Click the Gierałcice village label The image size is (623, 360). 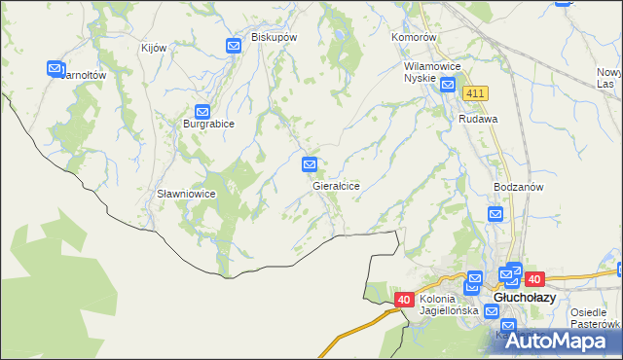pos(337,185)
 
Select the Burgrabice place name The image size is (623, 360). pos(208,125)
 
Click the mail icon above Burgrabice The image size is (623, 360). pos(202,111)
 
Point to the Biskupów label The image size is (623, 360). pos(274,36)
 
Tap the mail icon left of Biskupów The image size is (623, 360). pos(234,46)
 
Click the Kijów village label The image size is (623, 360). pos(154,49)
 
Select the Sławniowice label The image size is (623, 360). pos(186,194)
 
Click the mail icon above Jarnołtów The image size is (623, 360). pos(55,68)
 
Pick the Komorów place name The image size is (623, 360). pos(416,37)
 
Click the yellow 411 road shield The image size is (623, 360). pos(475,92)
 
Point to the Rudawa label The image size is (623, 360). pos(478,119)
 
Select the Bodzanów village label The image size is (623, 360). pos(518,186)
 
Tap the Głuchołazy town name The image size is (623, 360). pos(525,298)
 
